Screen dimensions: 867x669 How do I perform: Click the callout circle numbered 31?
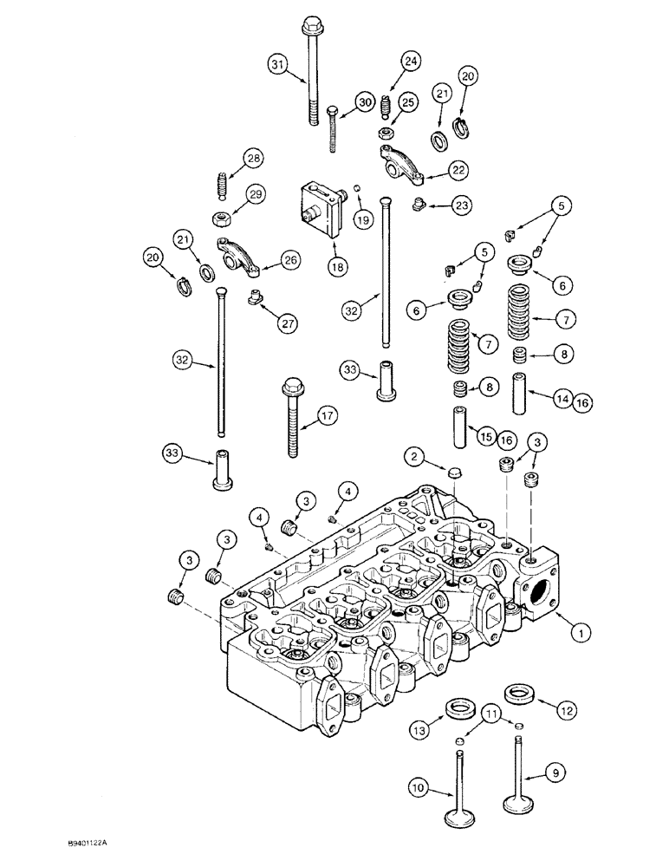point(277,64)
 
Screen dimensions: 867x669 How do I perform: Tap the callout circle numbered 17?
point(327,416)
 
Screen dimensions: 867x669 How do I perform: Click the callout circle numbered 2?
point(415,455)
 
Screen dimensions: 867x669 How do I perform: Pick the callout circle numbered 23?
point(461,205)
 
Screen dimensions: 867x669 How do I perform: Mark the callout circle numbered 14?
point(562,399)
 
